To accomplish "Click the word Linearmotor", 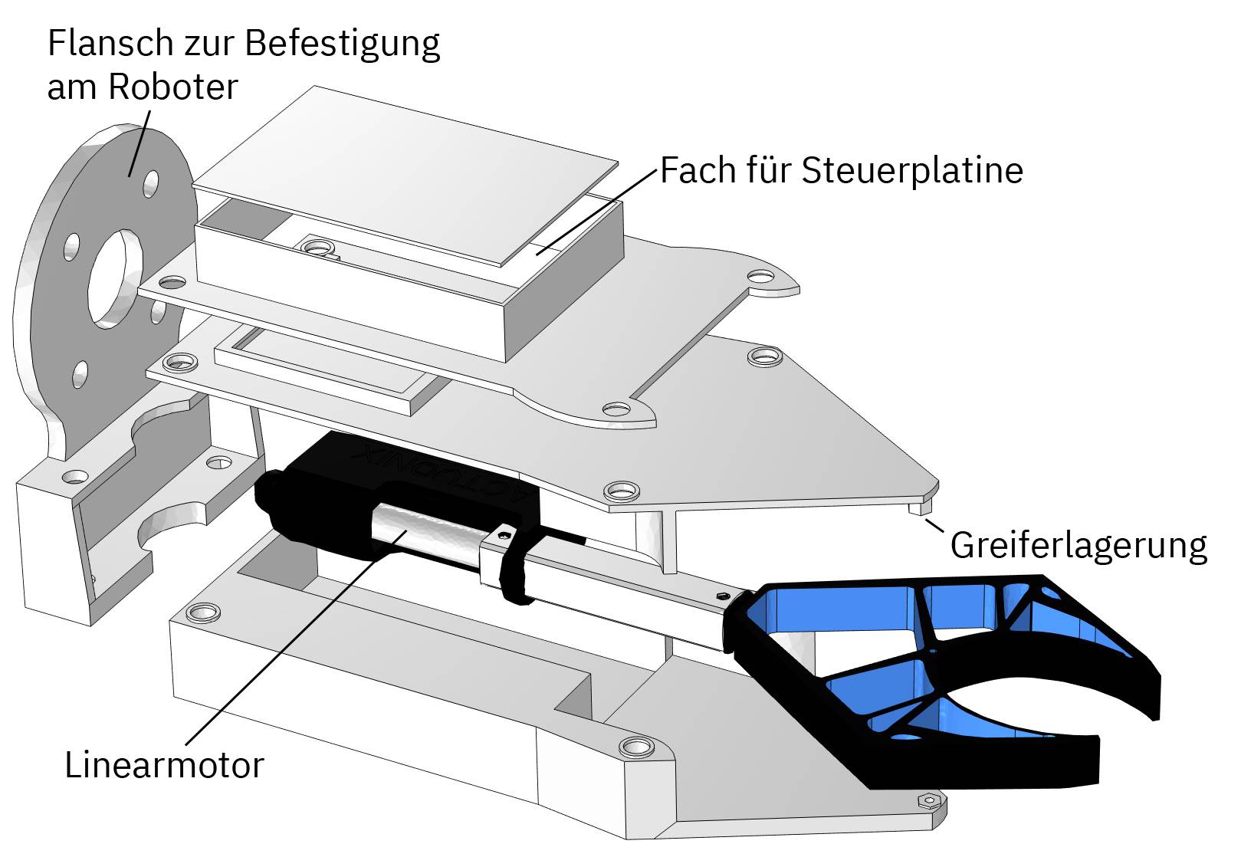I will point(164,765).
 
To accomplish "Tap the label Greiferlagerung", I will point(1078,545).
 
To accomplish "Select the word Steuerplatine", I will point(912,170).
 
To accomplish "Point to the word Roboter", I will point(173,87).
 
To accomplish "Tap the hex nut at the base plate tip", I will point(928,801).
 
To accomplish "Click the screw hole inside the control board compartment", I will point(317,247).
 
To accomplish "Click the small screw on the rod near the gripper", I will point(721,596).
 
